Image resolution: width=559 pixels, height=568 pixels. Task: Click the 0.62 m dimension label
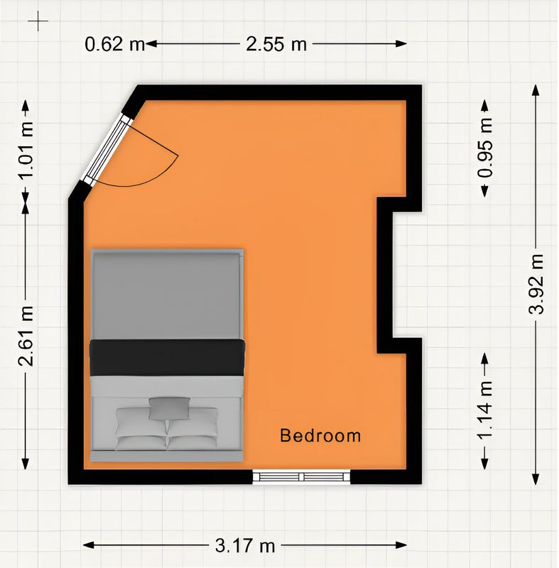[x=114, y=44]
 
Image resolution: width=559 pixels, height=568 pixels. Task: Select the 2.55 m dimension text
[x=276, y=44]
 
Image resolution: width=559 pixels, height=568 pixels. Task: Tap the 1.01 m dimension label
[x=26, y=151]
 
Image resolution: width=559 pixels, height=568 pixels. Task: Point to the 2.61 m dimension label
[x=26, y=335]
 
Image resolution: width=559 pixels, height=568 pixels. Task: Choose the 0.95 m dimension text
[x=485, y=148]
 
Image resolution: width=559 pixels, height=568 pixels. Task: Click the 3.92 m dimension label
[x=536, y=283]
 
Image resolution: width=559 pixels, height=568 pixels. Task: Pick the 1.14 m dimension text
[x=485, y=410]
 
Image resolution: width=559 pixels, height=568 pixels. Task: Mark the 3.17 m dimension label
[x=245, y=545]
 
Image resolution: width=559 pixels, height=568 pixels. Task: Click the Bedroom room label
[x=320, y=435]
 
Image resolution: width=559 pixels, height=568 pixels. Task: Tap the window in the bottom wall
[x=301, y=476]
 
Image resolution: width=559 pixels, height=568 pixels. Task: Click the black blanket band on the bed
[x=167, y=358]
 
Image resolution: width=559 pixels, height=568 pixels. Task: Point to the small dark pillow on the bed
[x=170, y=409]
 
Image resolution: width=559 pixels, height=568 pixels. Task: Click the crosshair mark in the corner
[x=38, y=21]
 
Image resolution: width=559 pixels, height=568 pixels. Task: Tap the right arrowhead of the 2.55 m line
[x=401, y=44]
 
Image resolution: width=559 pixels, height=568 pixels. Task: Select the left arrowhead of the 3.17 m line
[x=89, y=545]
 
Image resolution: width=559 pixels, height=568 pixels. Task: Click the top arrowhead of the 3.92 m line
[x=536, y=90]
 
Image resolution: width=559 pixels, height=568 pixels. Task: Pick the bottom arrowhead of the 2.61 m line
[x=26, y=464]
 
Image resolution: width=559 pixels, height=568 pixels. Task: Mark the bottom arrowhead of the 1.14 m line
[x=484, y=464]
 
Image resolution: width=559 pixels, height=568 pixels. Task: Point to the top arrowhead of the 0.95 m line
[x=484, y=106]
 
